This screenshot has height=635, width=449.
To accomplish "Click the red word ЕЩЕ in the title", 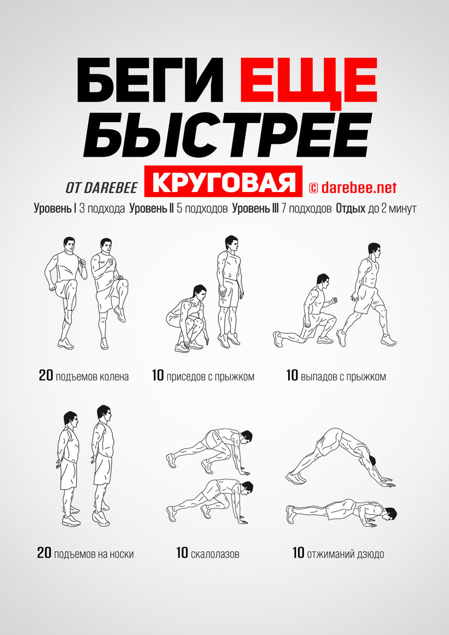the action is tap(309, 80).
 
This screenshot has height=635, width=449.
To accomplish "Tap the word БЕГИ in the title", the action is tap(150, 80).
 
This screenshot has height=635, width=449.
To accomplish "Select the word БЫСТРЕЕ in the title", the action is tap(227, 134).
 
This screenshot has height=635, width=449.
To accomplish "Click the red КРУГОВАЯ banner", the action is tap(223, 181).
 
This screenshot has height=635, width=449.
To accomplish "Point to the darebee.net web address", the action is tap(359, 187).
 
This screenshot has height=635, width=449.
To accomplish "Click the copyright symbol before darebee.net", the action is tap(314, 188).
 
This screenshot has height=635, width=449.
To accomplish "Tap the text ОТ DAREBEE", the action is tap(102, 188).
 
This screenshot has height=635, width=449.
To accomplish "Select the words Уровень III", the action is tap(255, 208).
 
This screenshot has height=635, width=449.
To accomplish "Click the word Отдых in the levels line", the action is tap(351, 208).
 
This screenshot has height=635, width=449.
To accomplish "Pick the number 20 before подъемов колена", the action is tap(46, 375).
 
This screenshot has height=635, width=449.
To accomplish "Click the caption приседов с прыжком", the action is tap(210, 377).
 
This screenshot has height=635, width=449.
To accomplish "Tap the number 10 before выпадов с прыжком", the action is tap(292, 375).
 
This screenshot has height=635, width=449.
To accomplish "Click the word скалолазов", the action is tap(215, 554).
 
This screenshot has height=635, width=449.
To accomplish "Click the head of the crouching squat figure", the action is tap(200, 293).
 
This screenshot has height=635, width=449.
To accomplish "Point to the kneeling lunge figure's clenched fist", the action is tap(335, 300).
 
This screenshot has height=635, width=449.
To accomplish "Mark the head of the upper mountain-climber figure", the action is tap(245, 437).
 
